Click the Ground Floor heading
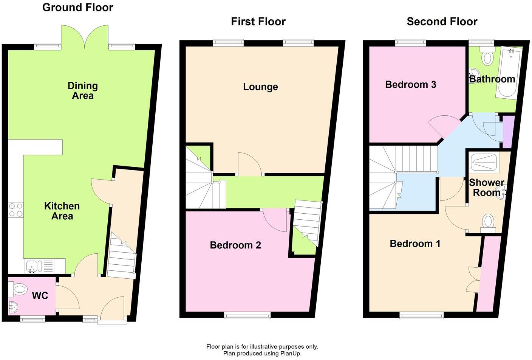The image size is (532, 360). pos(77,8)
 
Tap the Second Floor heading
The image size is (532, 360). pos(442,22)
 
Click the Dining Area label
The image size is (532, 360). pos(83,91)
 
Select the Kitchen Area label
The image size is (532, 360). pos(62,211)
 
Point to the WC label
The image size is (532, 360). pos(40,295)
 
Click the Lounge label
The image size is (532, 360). pos(260,87)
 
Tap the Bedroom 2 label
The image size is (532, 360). pos(235,245)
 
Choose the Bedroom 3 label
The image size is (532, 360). pos(411,84)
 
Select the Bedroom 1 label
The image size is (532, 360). pos(415,244)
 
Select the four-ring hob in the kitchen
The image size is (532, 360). pos(15,210)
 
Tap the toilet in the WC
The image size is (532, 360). pos(17,290)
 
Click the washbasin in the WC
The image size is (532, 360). pos(12,307)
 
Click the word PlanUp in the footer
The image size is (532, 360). pos(290,354)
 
